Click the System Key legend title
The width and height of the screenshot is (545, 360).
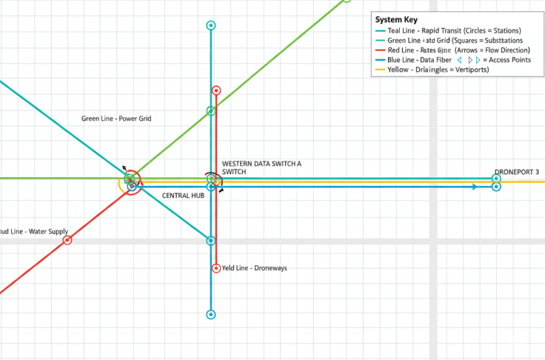(397, 20)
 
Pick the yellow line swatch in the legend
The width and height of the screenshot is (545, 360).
(381, 70)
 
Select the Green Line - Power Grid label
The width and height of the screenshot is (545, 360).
(116, 119)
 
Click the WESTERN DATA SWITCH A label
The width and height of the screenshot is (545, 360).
(262, 163)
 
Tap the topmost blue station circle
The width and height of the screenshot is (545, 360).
(211, 26)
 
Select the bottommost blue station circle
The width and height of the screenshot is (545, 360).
(211, 315)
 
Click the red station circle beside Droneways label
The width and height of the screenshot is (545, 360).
(215, 268)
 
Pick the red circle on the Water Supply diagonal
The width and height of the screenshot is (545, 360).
(67, 241)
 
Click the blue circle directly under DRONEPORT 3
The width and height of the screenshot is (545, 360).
(496, 187)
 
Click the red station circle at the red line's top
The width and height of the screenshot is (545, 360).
(216, 90)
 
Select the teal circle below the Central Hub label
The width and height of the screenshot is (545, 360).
(211, 241)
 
